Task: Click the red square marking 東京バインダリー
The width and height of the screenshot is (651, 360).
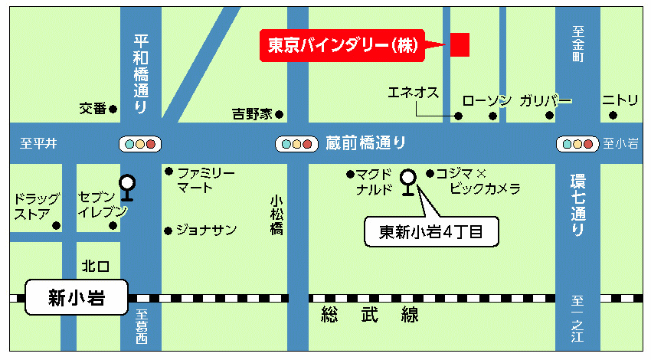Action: pyautogui.click(x=458, y=44)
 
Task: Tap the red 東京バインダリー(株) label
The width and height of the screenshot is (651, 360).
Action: pyautogui.click(x=342, y=45)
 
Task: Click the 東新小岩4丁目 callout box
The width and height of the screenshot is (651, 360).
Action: pyautogui.click(x=430, y=232)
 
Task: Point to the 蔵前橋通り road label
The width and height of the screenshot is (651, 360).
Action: pyautogui.click(x=365, y=142)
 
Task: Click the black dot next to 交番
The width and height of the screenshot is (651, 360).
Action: pyautogui.click(x=113, y=109)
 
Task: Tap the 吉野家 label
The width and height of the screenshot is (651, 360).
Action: pyautogui.click(x=252, y=115)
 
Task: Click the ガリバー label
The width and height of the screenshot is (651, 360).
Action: pyautogui.click(x=545, y=100)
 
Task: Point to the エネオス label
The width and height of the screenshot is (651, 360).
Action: pyautogui.click(x=413, y=93)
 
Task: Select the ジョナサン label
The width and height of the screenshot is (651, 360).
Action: pyautogui.click(x=206, y=230)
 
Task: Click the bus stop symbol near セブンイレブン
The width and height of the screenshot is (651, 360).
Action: pyautogui.click(x=127, y=187)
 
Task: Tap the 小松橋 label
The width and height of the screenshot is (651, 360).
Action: pyautogui.click(x=276, y=215)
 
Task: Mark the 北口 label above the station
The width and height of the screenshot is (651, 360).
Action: pyautogui.click(x=96, y=266)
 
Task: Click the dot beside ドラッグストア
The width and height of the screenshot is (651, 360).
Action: pyautogui.click(x=56, y=226)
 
